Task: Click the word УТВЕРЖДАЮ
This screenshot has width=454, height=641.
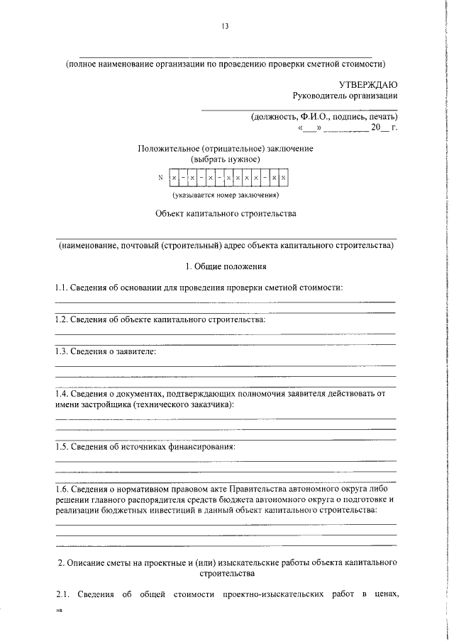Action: (x=367, y=84)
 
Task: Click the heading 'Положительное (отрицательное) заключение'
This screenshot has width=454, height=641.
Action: (x=225, y=149)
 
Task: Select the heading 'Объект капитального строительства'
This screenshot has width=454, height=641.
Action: (x=225, y=213)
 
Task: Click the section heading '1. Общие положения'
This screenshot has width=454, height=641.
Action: (x=225, y=266)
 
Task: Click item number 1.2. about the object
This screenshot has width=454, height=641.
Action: (x=63, y=319)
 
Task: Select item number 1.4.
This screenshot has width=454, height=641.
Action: (x=63, y=394)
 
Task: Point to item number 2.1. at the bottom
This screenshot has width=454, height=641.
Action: (x=63, y=613)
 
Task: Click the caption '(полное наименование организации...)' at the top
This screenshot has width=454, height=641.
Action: (x=225, y=63)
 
